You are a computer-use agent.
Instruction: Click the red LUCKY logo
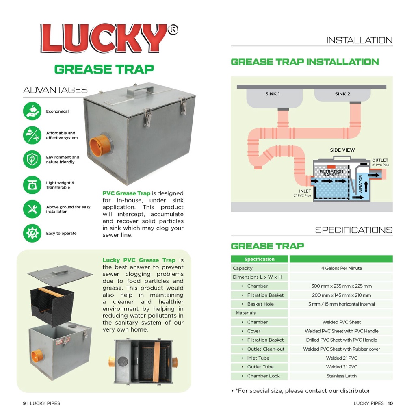[104, 39]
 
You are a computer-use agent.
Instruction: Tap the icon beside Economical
[32, 111]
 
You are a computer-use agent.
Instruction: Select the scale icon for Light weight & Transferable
[32, 185]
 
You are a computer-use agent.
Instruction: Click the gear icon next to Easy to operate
[32, 233]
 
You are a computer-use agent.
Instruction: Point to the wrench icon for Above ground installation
[32, 209]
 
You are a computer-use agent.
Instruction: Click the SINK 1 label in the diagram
[272, 94]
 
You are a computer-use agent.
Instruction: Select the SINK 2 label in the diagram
[342, 94]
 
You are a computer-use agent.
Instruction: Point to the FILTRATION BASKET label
[331, 173]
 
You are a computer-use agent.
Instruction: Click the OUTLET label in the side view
[380, 160]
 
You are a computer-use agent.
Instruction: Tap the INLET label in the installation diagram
[305, 191]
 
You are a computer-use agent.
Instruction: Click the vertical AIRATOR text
[360, 184]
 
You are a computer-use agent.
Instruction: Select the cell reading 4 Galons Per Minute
[341, 268]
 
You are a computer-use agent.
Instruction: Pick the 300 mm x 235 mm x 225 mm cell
[341, 286]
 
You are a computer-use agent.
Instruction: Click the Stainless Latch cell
[341, 376]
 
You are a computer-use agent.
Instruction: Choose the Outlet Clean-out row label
[266, 349]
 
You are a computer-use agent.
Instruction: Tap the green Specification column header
[259, 259]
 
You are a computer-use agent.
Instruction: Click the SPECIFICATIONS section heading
[353, 230]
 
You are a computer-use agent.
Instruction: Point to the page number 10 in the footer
[390, 403]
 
